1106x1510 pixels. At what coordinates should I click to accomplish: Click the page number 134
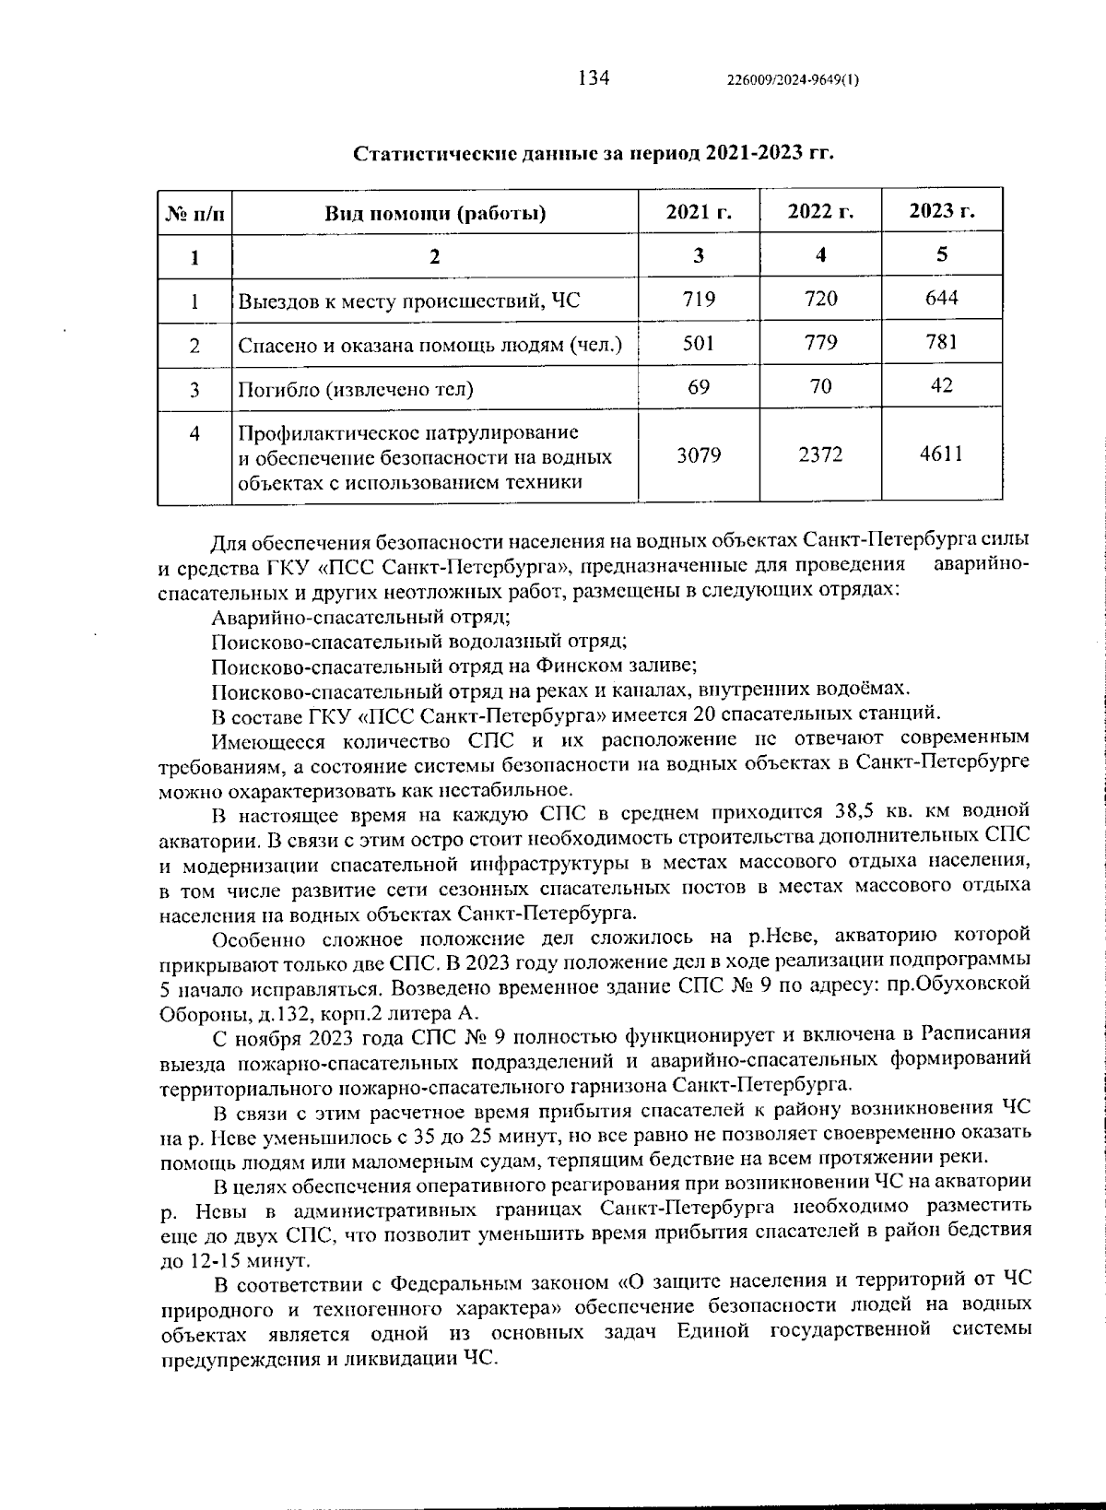tap(594, 77)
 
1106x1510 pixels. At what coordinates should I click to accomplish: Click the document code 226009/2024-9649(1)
tap(793, 80)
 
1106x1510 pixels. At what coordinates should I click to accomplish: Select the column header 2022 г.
tap(820, 212)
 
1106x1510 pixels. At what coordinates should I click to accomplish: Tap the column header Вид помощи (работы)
tap(434, 214)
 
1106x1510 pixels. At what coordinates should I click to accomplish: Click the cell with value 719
tap(699, 299)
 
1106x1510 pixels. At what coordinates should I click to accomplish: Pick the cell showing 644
tap(941, 298)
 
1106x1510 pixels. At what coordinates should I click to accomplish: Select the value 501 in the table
tap(699, 343)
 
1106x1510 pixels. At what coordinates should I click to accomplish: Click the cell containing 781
tap(941, 342)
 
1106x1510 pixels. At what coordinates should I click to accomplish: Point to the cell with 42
tap(941, 385)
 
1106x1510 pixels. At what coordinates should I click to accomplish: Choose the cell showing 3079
tap(699, 455)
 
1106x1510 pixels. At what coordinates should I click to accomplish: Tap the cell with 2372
tap(820, 455)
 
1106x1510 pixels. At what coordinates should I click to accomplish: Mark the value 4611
tap(941, 454)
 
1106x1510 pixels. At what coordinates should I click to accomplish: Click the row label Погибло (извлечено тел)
tap(356, 389)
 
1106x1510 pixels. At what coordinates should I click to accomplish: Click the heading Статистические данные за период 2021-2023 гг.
tap(594, 153)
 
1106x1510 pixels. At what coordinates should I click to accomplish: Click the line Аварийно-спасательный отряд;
tap(360, 617)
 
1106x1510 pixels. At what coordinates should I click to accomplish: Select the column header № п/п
tap(194, 214)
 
